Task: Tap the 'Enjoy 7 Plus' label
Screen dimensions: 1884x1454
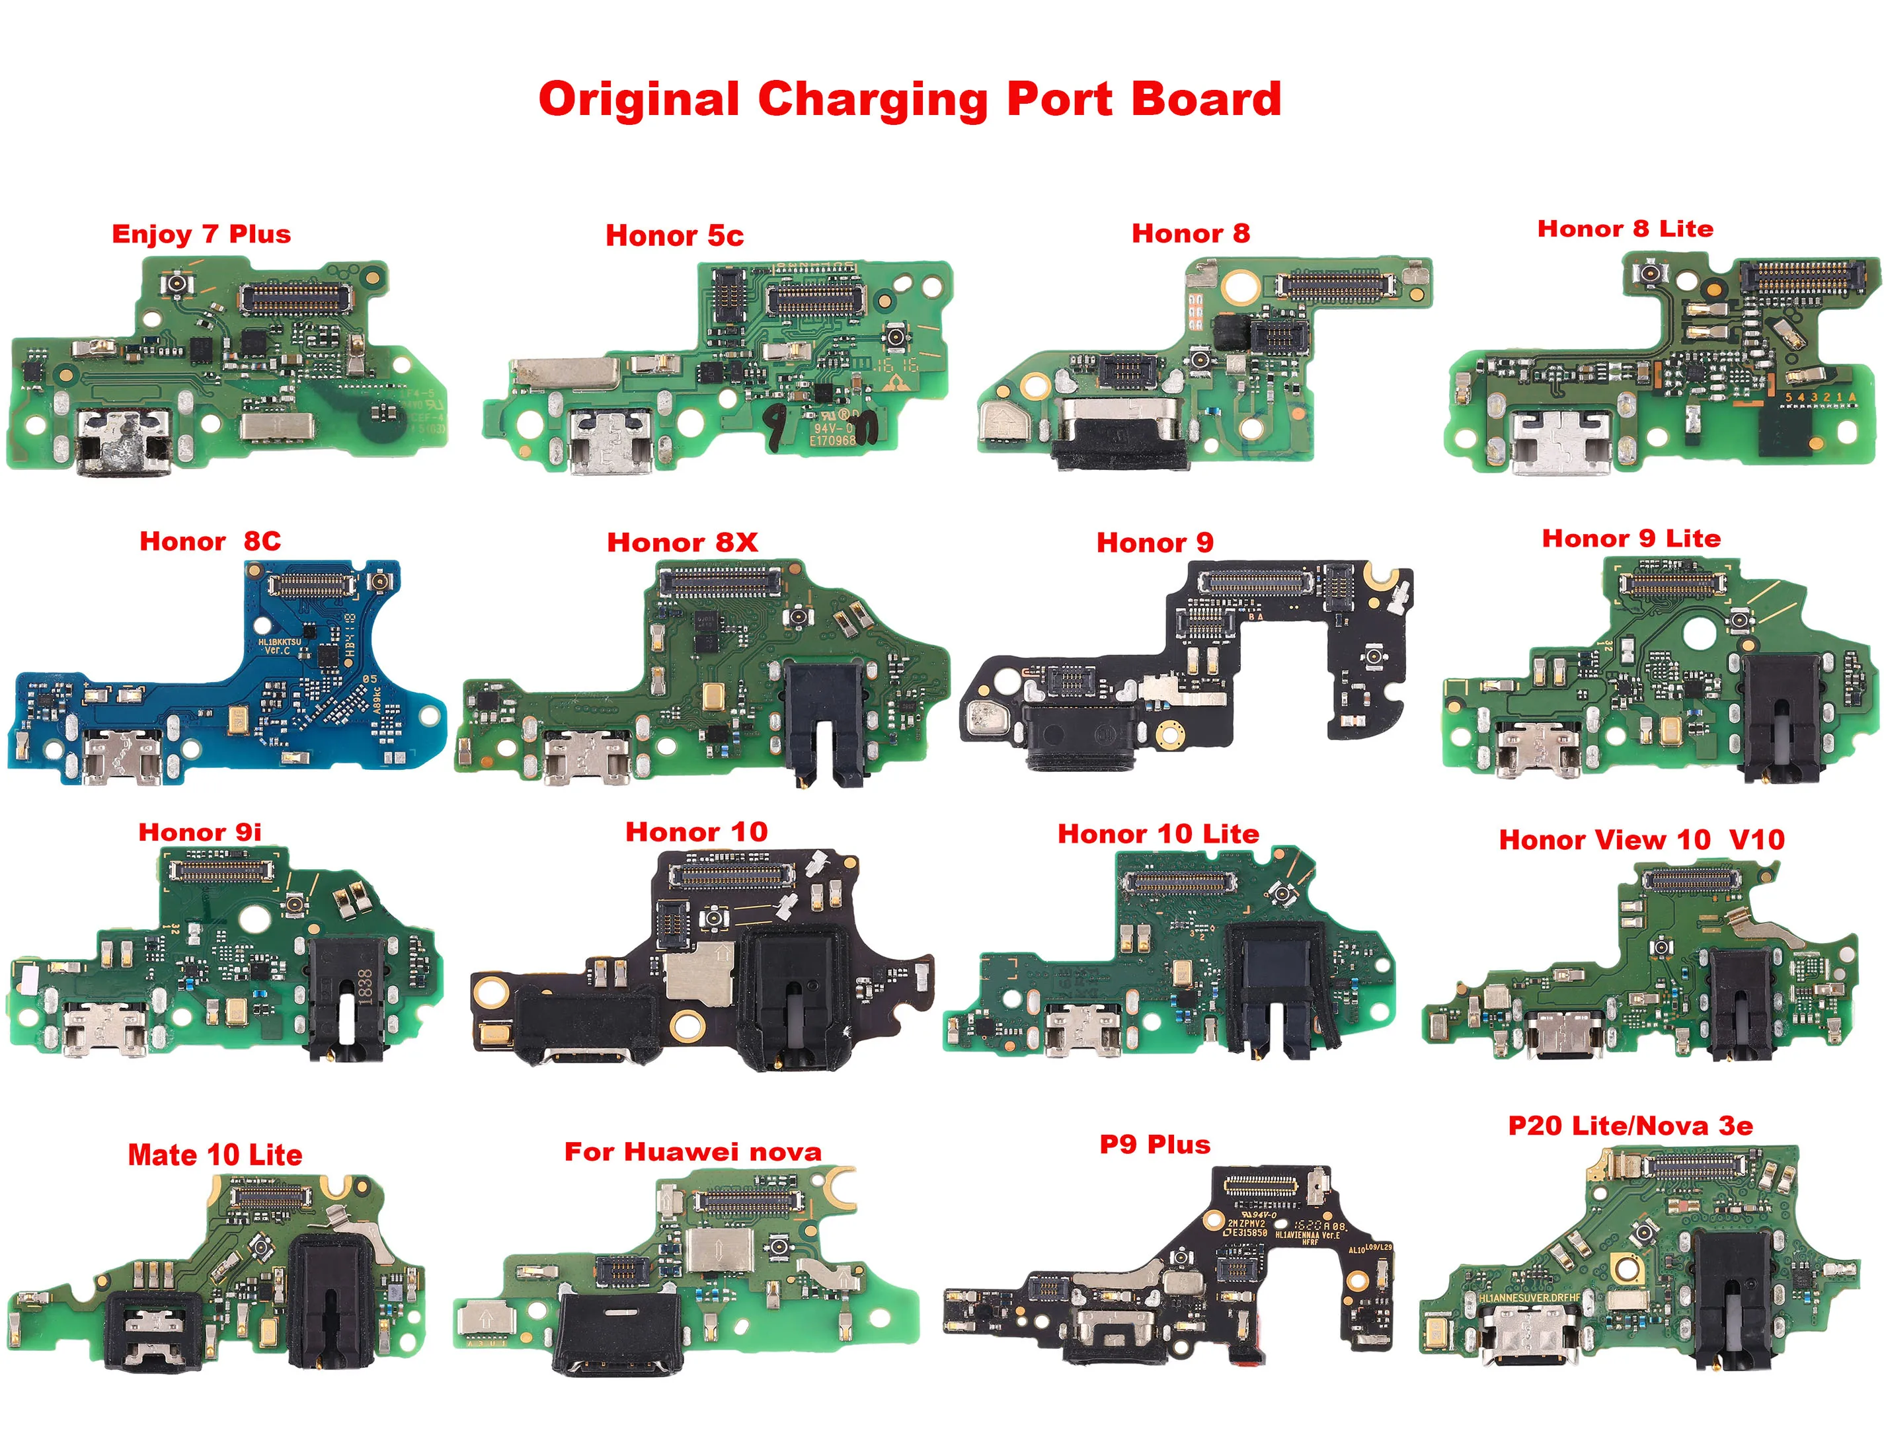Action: (201, 234)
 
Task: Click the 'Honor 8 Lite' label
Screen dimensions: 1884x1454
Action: (1626, 229)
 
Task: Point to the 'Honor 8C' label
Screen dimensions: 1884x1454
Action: (210, 541)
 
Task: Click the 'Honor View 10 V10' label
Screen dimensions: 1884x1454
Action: (1641, 839)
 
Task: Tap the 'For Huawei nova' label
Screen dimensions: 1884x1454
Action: (693, 1151)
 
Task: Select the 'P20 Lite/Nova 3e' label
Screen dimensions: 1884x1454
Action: (1630, 1126)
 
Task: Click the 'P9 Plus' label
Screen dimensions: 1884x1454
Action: (1154, 1145)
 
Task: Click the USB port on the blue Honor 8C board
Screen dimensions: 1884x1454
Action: (124, 755)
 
